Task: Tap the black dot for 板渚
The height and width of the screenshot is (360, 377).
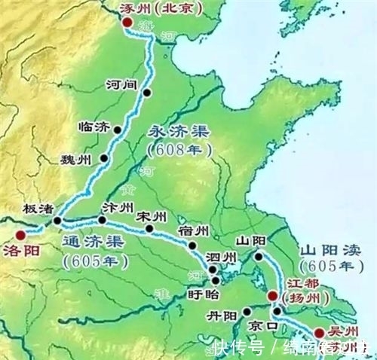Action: click(x=57, y=221)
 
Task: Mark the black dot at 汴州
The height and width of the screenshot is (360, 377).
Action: click(x=103, y=220)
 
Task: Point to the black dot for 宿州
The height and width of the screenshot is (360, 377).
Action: click(x=193, y=246)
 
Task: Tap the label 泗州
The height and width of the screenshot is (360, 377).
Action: click(x=224, y=258)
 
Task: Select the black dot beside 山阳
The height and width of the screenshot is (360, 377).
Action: click(x=258, y=257)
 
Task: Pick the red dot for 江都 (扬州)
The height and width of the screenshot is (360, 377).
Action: click(x=272, y=297)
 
